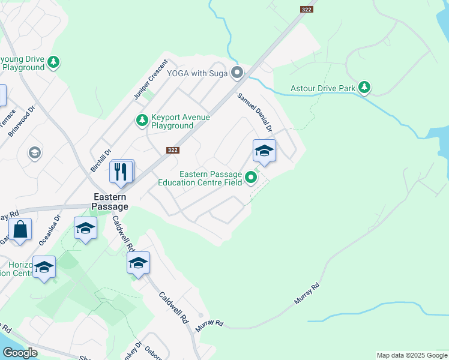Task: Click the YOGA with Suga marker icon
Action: pyautogui.click(x=238, y=74)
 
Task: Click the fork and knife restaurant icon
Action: pyautogui.click(x=121, y=172)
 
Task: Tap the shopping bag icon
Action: pyautogui.click(x=20, y=229)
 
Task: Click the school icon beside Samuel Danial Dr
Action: pyautogui.click(x=264, y=151)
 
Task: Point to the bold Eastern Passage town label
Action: pyautogui.click(x=109, y=201)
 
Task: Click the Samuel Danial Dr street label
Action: pyautogui.click(x=255, y=112)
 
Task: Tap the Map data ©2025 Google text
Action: pyautogui.click(x=412, y=355)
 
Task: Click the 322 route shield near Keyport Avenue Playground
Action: pyautogui.click(x=173, y=150)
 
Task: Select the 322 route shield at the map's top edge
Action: pyautogui.click(x=306, y=9)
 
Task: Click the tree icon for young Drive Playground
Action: pyautogui.click(x=54, y=62)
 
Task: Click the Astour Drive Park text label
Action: pyautogui.click(x=323, y=88)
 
